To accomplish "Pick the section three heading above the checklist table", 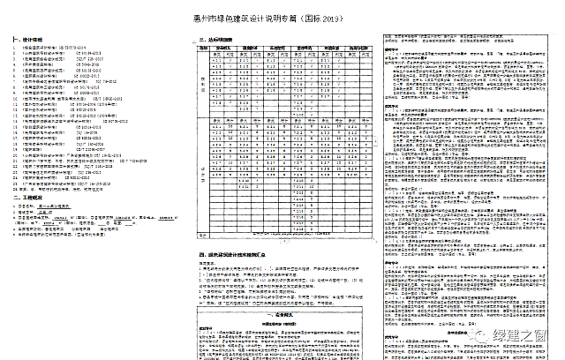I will (216, 41).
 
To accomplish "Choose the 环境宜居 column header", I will (329, 49).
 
